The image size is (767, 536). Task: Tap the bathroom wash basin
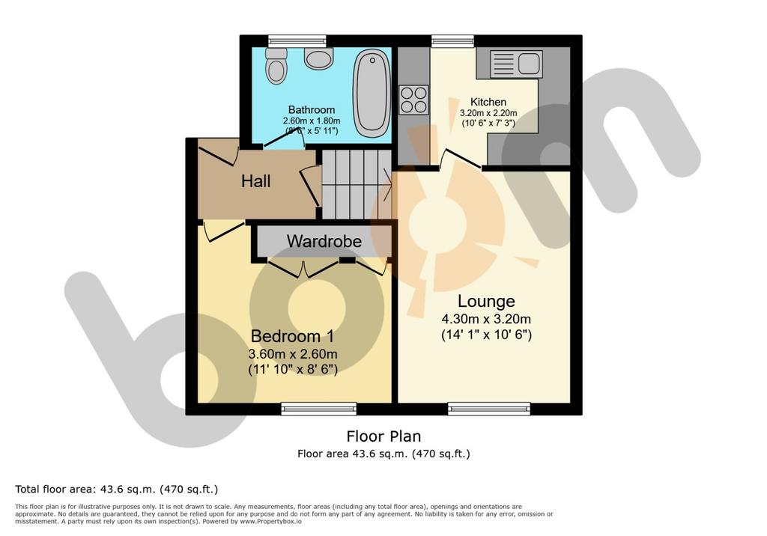tap(318, 58)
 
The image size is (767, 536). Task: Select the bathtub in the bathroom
tap(372, 92)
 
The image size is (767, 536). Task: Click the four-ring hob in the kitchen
tap(413, 100)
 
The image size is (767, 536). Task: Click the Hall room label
tap(256, 181)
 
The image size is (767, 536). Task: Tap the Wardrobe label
tap(324, 241)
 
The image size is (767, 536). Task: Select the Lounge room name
tap(486, 301)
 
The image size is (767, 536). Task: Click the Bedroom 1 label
tap(293, 336)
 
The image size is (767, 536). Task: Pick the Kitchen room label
tap(488, 103)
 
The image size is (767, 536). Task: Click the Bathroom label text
tap(312, 109)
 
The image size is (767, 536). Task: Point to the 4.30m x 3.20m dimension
tap(486, 320)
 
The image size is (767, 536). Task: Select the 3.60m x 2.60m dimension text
tap(293, 354)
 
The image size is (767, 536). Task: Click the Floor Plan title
tap(384, 436)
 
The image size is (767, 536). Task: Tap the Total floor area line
tap(116, 489)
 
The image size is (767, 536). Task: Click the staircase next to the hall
tap(357, 184)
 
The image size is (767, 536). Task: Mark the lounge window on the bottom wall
tap(489, 408)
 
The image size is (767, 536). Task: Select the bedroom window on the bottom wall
tap(319, 408)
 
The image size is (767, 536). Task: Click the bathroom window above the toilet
tap(297, 41)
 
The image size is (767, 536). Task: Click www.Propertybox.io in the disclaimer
tap(270, 522)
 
